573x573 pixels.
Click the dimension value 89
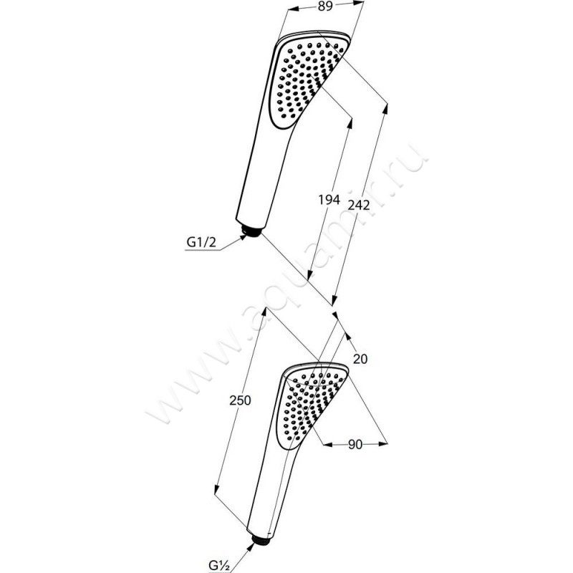(x=325, y=6)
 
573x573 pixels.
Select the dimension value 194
(x=329, y=200)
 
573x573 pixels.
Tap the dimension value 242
(x=359, y=206)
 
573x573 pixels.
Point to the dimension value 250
(x=240, y=400)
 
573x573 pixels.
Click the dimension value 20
(x=360, y=360)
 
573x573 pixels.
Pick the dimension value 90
(x=355, y=444)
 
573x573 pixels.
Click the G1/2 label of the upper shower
(x=201, y=242)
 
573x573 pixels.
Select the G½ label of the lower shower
(x=219, y=565)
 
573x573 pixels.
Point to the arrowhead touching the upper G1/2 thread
(x=242, y=238)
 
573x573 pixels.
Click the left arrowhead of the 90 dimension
(x=328, y=444)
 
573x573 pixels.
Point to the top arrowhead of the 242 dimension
(x=385, y=110)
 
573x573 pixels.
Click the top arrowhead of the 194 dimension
(x=350, y=123)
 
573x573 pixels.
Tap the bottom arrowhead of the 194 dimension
(x=309, y=275)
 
